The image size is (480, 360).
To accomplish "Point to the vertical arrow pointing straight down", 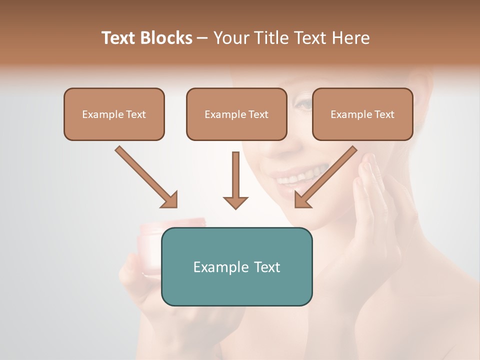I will coord(235,180).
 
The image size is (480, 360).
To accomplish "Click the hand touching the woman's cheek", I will coord(375,200).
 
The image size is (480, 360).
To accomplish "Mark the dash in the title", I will coord(202,38).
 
